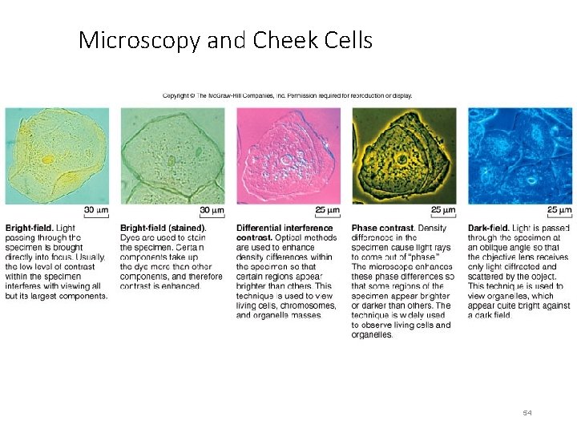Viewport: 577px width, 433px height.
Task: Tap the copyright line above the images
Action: pyautogui.click(x=288, y=95)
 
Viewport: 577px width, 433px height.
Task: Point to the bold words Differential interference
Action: pyautogui.click(x=284, y=228)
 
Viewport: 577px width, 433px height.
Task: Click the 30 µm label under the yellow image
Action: pyautogui.click(x=96, y=211)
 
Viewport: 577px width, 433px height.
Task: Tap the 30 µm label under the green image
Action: pyautogui.click(x=211, y=211)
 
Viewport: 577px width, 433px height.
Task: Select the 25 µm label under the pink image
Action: pyautogui.click(x=327, y=211)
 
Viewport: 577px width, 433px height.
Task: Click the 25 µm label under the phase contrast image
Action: pyautogui.click(x=443, y=211)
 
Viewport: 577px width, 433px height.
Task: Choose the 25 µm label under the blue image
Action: pyautogui.click(x=559, y=211)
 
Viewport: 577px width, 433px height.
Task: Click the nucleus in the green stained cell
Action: pyautogui.click(x=171, y=160)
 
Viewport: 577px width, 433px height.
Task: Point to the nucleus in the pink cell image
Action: pyautogui.click(x=286, y=159)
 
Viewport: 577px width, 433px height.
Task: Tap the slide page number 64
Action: pyautogui.click(x=527, y=412)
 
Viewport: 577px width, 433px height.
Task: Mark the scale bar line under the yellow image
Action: pyautogui.click(x=95, y=204)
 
